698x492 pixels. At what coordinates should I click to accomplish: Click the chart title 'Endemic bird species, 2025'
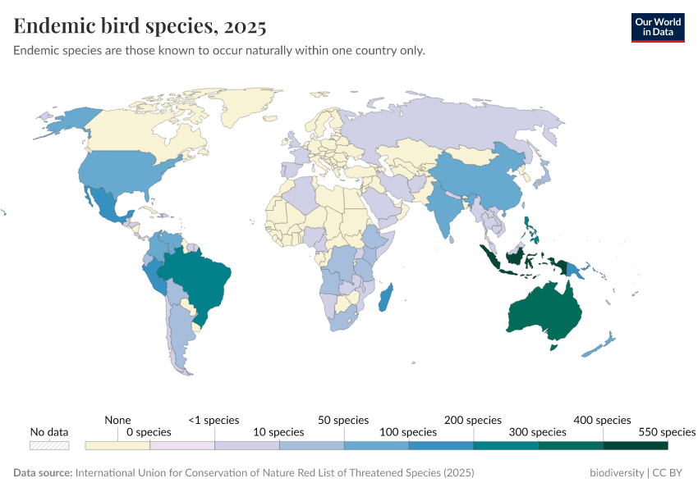click(140, 26)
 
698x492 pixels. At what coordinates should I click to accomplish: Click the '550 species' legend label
click(666, 431)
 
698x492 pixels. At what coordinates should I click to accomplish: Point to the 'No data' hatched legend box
click(49, 445)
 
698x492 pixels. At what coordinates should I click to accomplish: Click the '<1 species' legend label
click(214, 420)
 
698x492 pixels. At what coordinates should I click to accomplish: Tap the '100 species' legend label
click(408, 431)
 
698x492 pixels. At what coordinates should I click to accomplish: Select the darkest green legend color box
click(635, 445)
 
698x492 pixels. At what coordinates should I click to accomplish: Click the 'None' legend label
click(117, 420)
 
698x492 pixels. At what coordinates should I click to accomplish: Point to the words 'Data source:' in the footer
click(43, 473)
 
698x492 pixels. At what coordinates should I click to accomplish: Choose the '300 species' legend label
click(538, 431)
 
